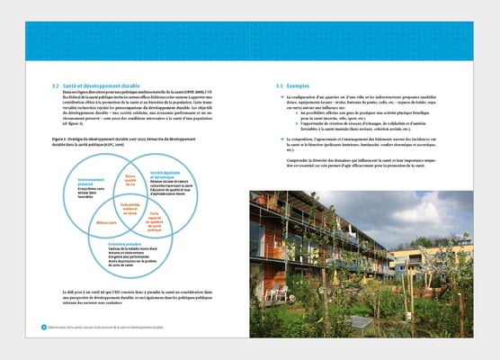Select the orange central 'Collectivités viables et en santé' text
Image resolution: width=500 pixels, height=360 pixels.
pyautogui.click(x=129, y=209)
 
